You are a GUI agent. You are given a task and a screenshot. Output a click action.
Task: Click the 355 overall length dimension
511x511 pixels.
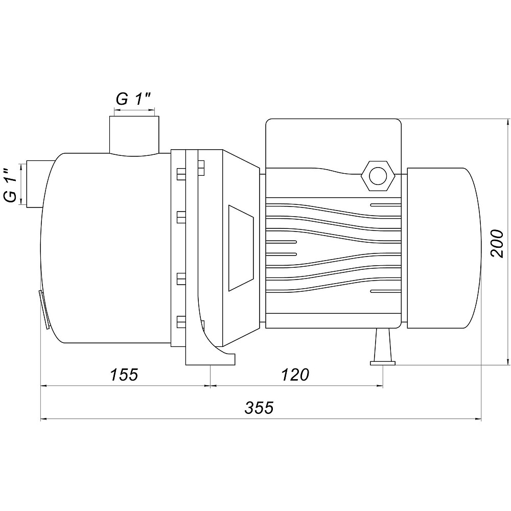pyautogui.click(x=259, y=407)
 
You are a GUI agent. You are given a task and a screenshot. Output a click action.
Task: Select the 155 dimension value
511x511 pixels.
pyautogui.click(x=124, y=375)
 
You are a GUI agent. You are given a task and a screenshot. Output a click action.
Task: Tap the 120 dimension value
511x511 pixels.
pyautogui.click(x=295, y=375)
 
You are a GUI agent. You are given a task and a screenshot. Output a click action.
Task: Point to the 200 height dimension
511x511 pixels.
pyautogui.click(x=497, y=244)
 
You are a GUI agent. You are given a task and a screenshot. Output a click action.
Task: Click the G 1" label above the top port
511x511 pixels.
pyautogui.click(x=133, y=99)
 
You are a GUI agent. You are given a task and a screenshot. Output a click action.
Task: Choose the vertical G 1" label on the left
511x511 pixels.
pyautogui.click(x=12, y=185)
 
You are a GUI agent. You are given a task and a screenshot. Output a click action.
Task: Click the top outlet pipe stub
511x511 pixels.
pyautogui.click(x=134, y=135)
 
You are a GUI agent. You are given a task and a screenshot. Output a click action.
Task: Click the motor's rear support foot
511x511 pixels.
pyautogui.click(x=383, y=347)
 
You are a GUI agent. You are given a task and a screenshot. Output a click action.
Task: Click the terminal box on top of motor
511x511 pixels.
pyautogui.click(x=333, y=143)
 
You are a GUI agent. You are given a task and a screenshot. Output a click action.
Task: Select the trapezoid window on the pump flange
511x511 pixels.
pyautogui.click(x=241, y=248)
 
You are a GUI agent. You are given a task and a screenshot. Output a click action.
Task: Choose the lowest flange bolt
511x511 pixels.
pyautogui.click(x=181, y=321)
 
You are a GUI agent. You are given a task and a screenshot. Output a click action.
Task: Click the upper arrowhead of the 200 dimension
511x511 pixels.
pyautogui.click(x=507, y=123)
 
